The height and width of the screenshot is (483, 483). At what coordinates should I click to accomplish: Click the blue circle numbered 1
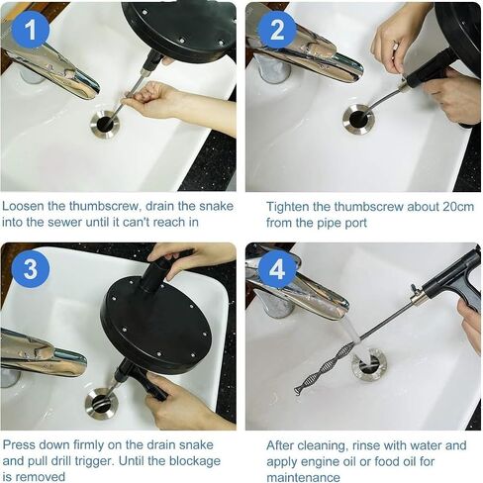point(31,30)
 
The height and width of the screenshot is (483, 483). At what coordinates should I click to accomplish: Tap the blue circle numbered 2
point(277,30)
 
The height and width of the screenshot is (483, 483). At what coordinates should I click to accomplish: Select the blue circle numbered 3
point(31,268)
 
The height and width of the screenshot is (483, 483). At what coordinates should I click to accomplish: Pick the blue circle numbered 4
point(277,268)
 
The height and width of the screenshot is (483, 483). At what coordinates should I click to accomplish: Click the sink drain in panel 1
point(105,124)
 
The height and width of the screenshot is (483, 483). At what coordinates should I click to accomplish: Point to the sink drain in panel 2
point(358,119)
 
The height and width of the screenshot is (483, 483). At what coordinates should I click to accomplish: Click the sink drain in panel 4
point(368,365)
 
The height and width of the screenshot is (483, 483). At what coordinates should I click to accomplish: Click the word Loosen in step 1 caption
point(23,206)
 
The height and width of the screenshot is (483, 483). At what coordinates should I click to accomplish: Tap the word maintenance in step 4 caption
point(303,477)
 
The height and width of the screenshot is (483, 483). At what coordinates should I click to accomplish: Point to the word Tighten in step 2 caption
point(288,207)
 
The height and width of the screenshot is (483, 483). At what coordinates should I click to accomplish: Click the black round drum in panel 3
point(156,327)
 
